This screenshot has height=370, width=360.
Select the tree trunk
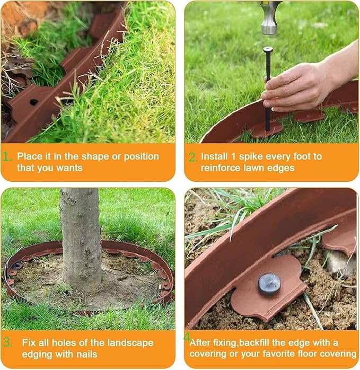coord(80,239)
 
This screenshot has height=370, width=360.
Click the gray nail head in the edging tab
coord(269,283)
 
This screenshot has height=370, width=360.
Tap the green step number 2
coord(192,157)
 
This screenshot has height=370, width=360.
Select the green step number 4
coord(187,337)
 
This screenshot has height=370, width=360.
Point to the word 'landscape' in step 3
coord(132,343)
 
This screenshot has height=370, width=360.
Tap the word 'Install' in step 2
coord(215,156)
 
